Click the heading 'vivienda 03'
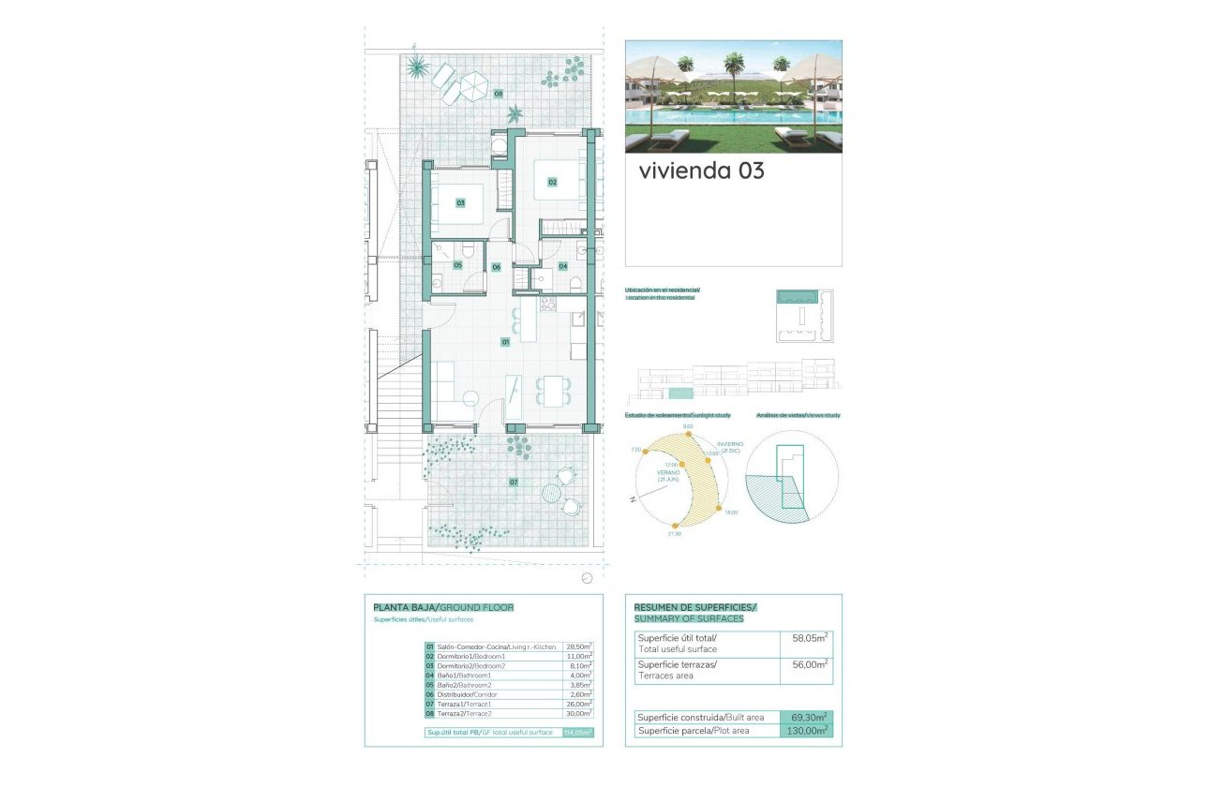point(701,171)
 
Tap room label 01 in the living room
point(505,342)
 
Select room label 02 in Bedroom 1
point(553,182)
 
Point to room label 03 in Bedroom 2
point(461,202)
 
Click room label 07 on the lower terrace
point(514,483)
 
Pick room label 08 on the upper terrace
point(499,94)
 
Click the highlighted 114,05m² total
point(577,733)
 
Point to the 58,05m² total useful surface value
point(810,638)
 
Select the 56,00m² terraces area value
point(810,664)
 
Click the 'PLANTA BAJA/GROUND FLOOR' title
point(442,607)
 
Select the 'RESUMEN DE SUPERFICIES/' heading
point(694,607)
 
